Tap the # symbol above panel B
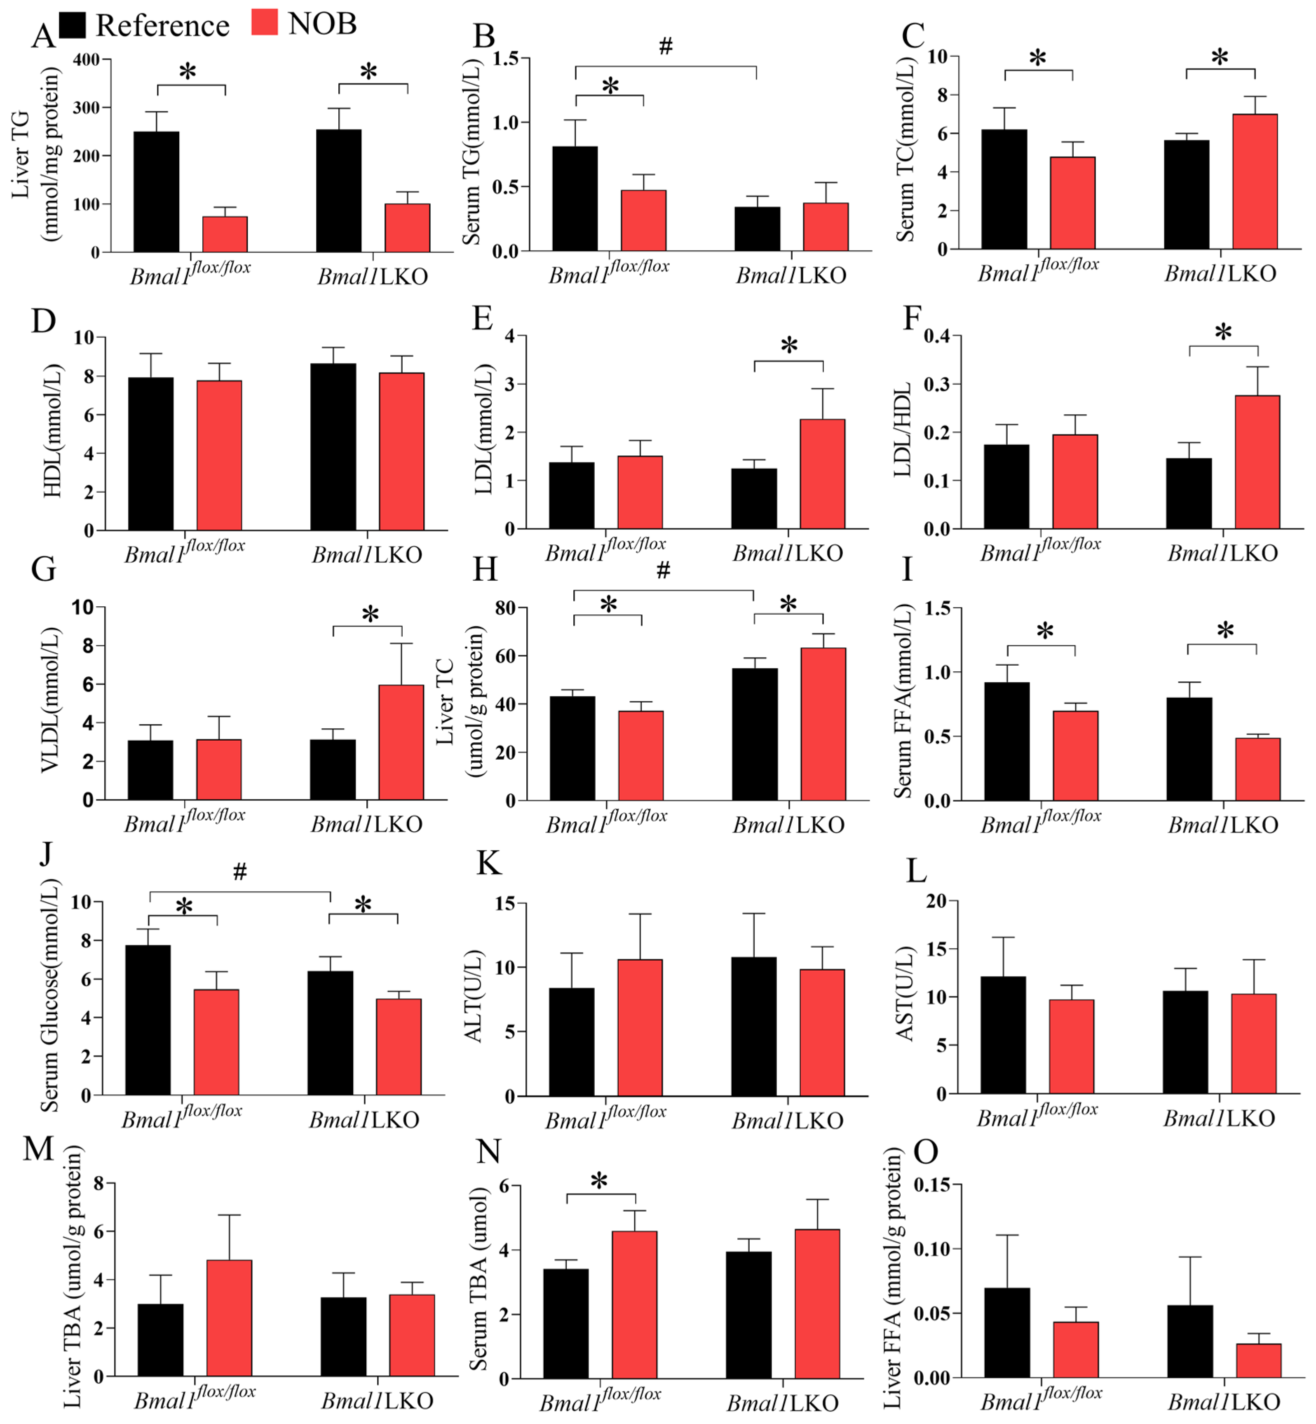coord(665,46)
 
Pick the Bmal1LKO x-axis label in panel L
coord(1219,1119)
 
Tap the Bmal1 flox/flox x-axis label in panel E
coord(605,550)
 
